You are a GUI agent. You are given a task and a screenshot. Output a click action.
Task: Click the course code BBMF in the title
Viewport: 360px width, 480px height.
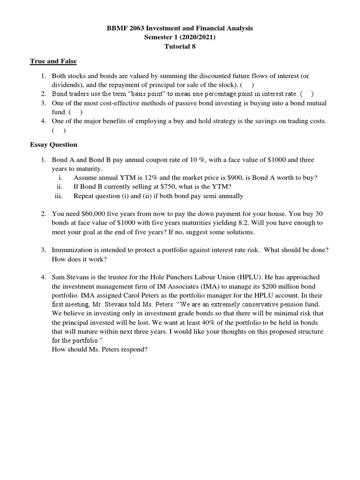(116, 29)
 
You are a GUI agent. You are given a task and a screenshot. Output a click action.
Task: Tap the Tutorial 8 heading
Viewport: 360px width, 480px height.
(180, 46)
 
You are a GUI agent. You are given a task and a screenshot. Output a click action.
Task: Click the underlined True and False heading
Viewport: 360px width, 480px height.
(53, 61)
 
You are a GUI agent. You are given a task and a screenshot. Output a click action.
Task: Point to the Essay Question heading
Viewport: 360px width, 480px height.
(53, 145)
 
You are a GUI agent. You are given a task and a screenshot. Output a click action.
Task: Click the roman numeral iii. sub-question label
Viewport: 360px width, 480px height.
(59, 196)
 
